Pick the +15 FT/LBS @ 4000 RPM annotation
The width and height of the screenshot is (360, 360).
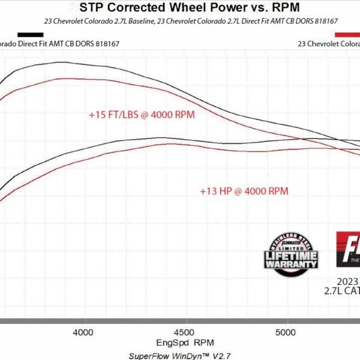coord(142,113)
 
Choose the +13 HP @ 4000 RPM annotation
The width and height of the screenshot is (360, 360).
coord(244,191)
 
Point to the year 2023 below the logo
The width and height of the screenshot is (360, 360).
coord(348,281)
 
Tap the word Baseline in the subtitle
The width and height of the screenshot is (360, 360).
coord(155,21)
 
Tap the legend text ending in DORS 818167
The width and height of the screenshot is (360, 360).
coord(54,43)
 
